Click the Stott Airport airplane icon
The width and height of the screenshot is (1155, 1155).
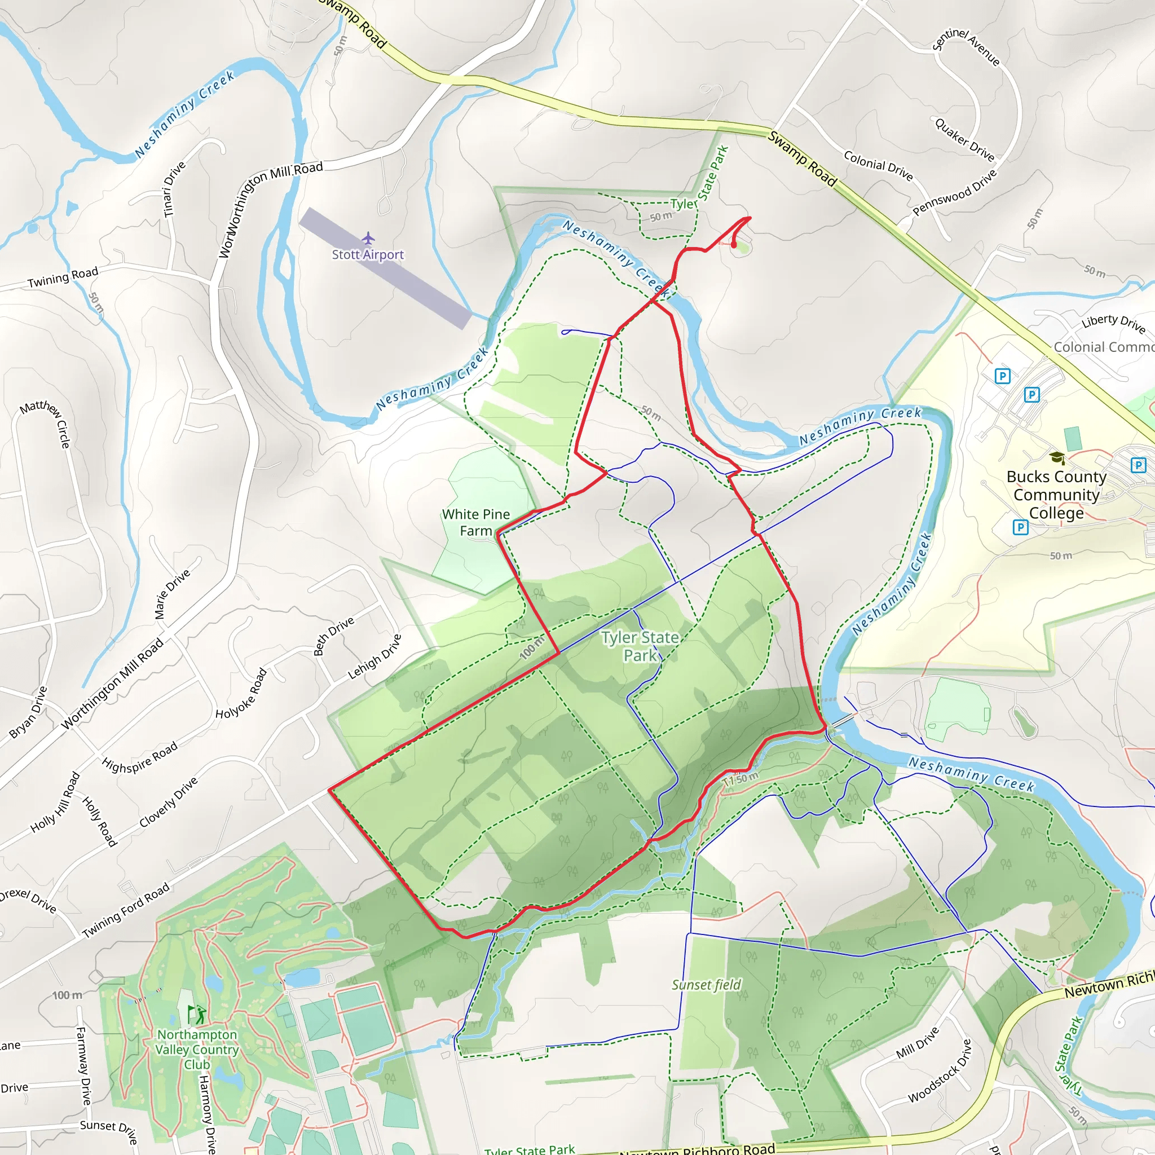pyautogui.click(x=368, y=239)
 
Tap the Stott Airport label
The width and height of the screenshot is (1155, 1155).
pyautogui.click(x=368, y=255)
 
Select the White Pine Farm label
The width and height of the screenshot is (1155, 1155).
pyautogui.click(x=476, y=522)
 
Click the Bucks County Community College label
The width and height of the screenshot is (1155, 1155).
pyautogui.click(x=1056, y=495)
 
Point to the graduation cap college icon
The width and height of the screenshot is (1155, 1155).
pyautogui.click(x=1057, y=458)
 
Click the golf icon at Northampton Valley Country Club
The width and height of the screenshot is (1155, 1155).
pyautogui.click(x=197, y=1014)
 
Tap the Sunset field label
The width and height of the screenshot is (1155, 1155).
pyautogui.click(x=706, y=985)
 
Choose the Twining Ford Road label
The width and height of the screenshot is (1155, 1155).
pyautogui.click(x=126, y=910)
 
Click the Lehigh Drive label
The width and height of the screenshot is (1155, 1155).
pyautogui.click(x=374, y=656)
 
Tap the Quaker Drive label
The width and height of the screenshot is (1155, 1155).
pyautogui.click(x=964, y=140)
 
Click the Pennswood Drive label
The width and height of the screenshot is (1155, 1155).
pyautogui.click(x=954, y=192)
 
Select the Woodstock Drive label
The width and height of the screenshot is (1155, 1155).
pyautogui.click(x=940, y=1072)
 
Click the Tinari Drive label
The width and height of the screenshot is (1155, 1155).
pyautogui.click(x=175, y=188)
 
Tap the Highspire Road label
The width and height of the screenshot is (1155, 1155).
pyautogui.click(x=139, y=757)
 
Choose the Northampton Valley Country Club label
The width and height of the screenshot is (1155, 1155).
pyautogui.click(x=197, y=1049)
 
